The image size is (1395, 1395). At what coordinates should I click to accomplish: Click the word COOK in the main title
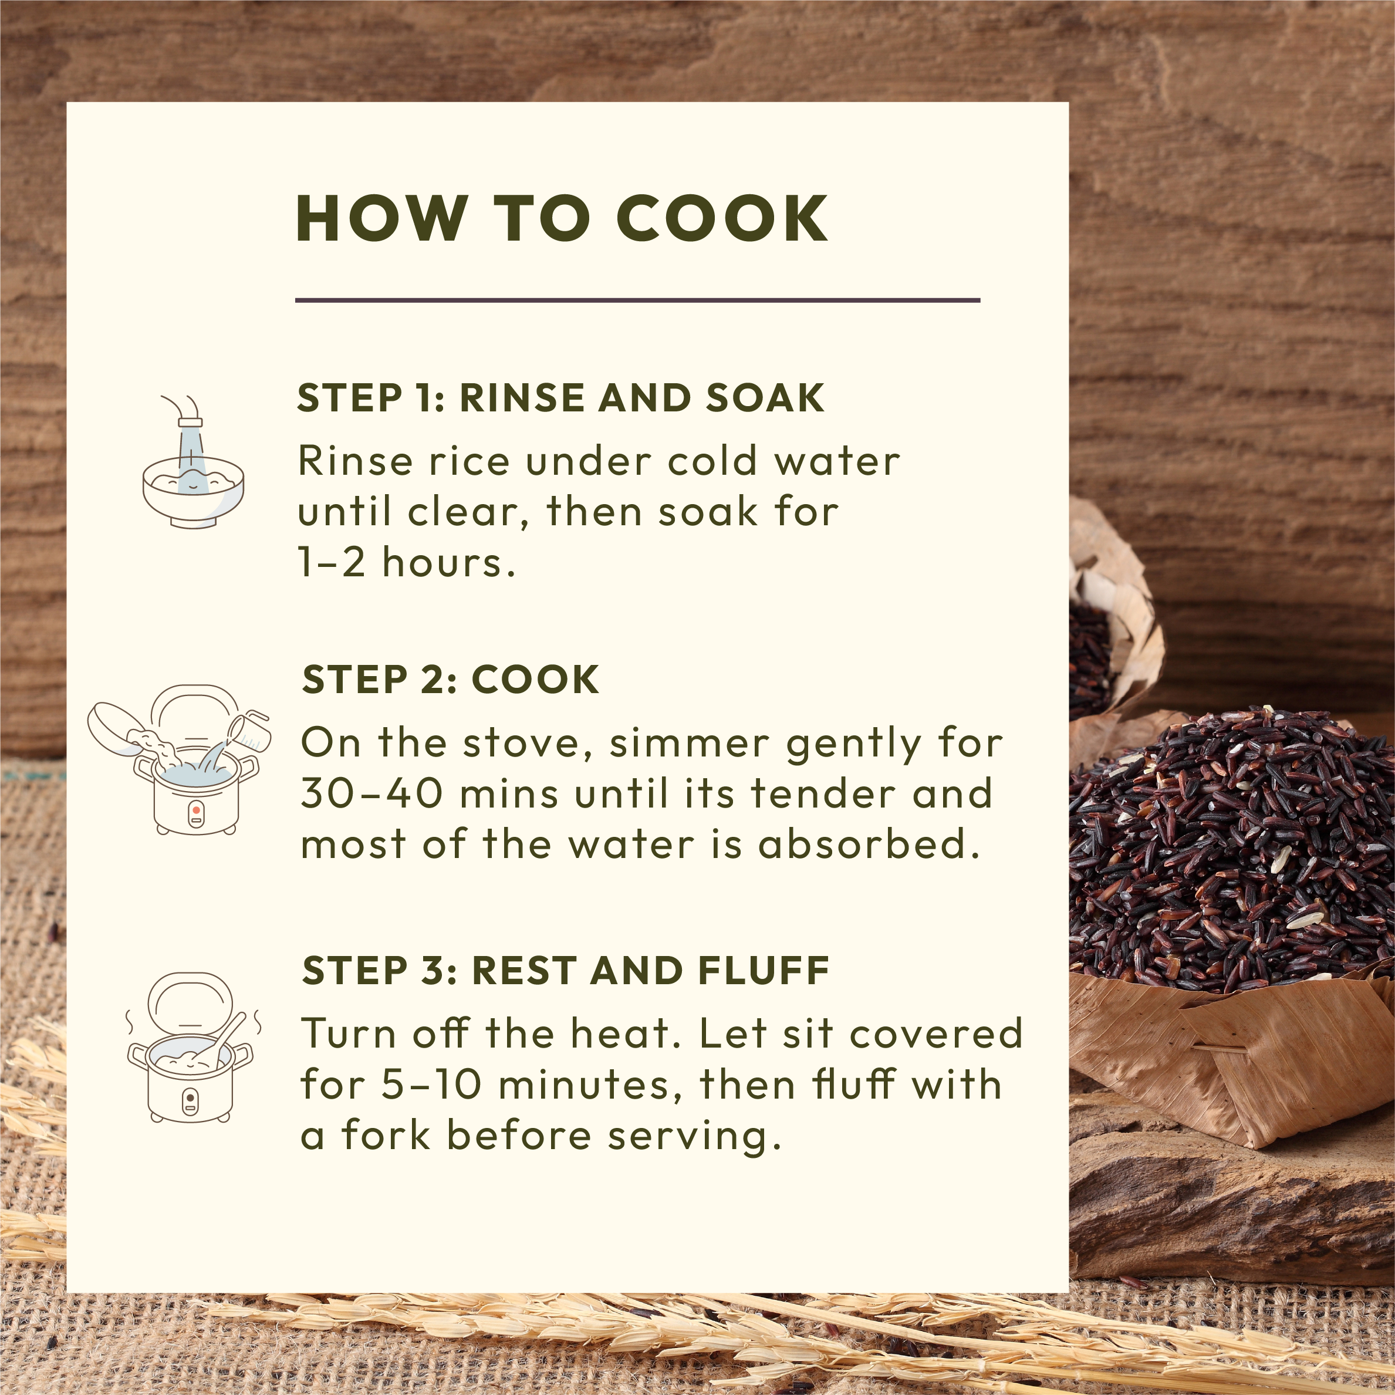pos(722,219)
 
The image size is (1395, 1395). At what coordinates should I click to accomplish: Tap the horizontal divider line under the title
pos(637,300)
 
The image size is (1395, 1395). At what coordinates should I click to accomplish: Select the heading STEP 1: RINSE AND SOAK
pos(561,398)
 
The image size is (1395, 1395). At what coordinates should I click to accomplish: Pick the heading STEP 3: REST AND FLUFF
pos(565,971)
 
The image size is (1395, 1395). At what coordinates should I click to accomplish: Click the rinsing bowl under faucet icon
pos(192,462)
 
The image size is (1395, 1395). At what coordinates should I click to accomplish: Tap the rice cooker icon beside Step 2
pos(179,759)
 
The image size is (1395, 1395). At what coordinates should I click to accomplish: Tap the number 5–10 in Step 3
pos(431,1085)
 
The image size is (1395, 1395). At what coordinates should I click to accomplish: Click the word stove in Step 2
pos(527,743)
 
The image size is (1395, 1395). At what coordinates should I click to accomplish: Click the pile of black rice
pos(1232,852)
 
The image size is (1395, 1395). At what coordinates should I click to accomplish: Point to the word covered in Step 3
pos(937,1033)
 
